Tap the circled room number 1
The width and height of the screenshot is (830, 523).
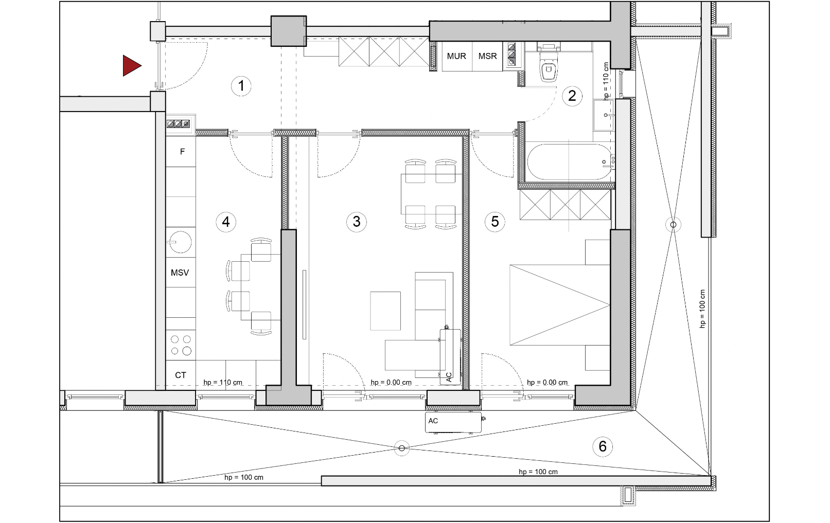(x=241, y=86)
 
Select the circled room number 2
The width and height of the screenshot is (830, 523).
(x=572, y=96)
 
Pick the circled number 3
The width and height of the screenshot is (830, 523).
(x=357, y=222)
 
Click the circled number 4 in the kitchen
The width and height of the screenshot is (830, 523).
(x=226, y=222)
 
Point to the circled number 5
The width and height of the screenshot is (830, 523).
(x=495, y=222)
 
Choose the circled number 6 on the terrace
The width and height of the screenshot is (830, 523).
(x=603, y=446)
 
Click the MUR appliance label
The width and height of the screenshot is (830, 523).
(x=456, y=56)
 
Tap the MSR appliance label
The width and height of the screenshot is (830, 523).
(x=487, y=56)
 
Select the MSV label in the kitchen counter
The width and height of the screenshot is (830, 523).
(x=180, y=273)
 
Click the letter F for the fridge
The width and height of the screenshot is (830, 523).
(x=182, y=152)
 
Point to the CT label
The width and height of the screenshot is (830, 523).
(x=181, y=375)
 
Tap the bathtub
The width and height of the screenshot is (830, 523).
(x=569, y=162)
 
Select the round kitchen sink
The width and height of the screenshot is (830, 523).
(x=180, y=242)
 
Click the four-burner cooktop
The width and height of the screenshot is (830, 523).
(x=181, y=345)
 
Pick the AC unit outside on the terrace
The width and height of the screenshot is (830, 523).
(x=453, y=422)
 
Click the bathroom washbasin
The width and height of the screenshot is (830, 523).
(x=604, y=115)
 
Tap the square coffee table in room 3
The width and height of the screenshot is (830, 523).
(x=385, y=311)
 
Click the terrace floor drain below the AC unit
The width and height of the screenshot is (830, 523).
(x=402, y=448)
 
